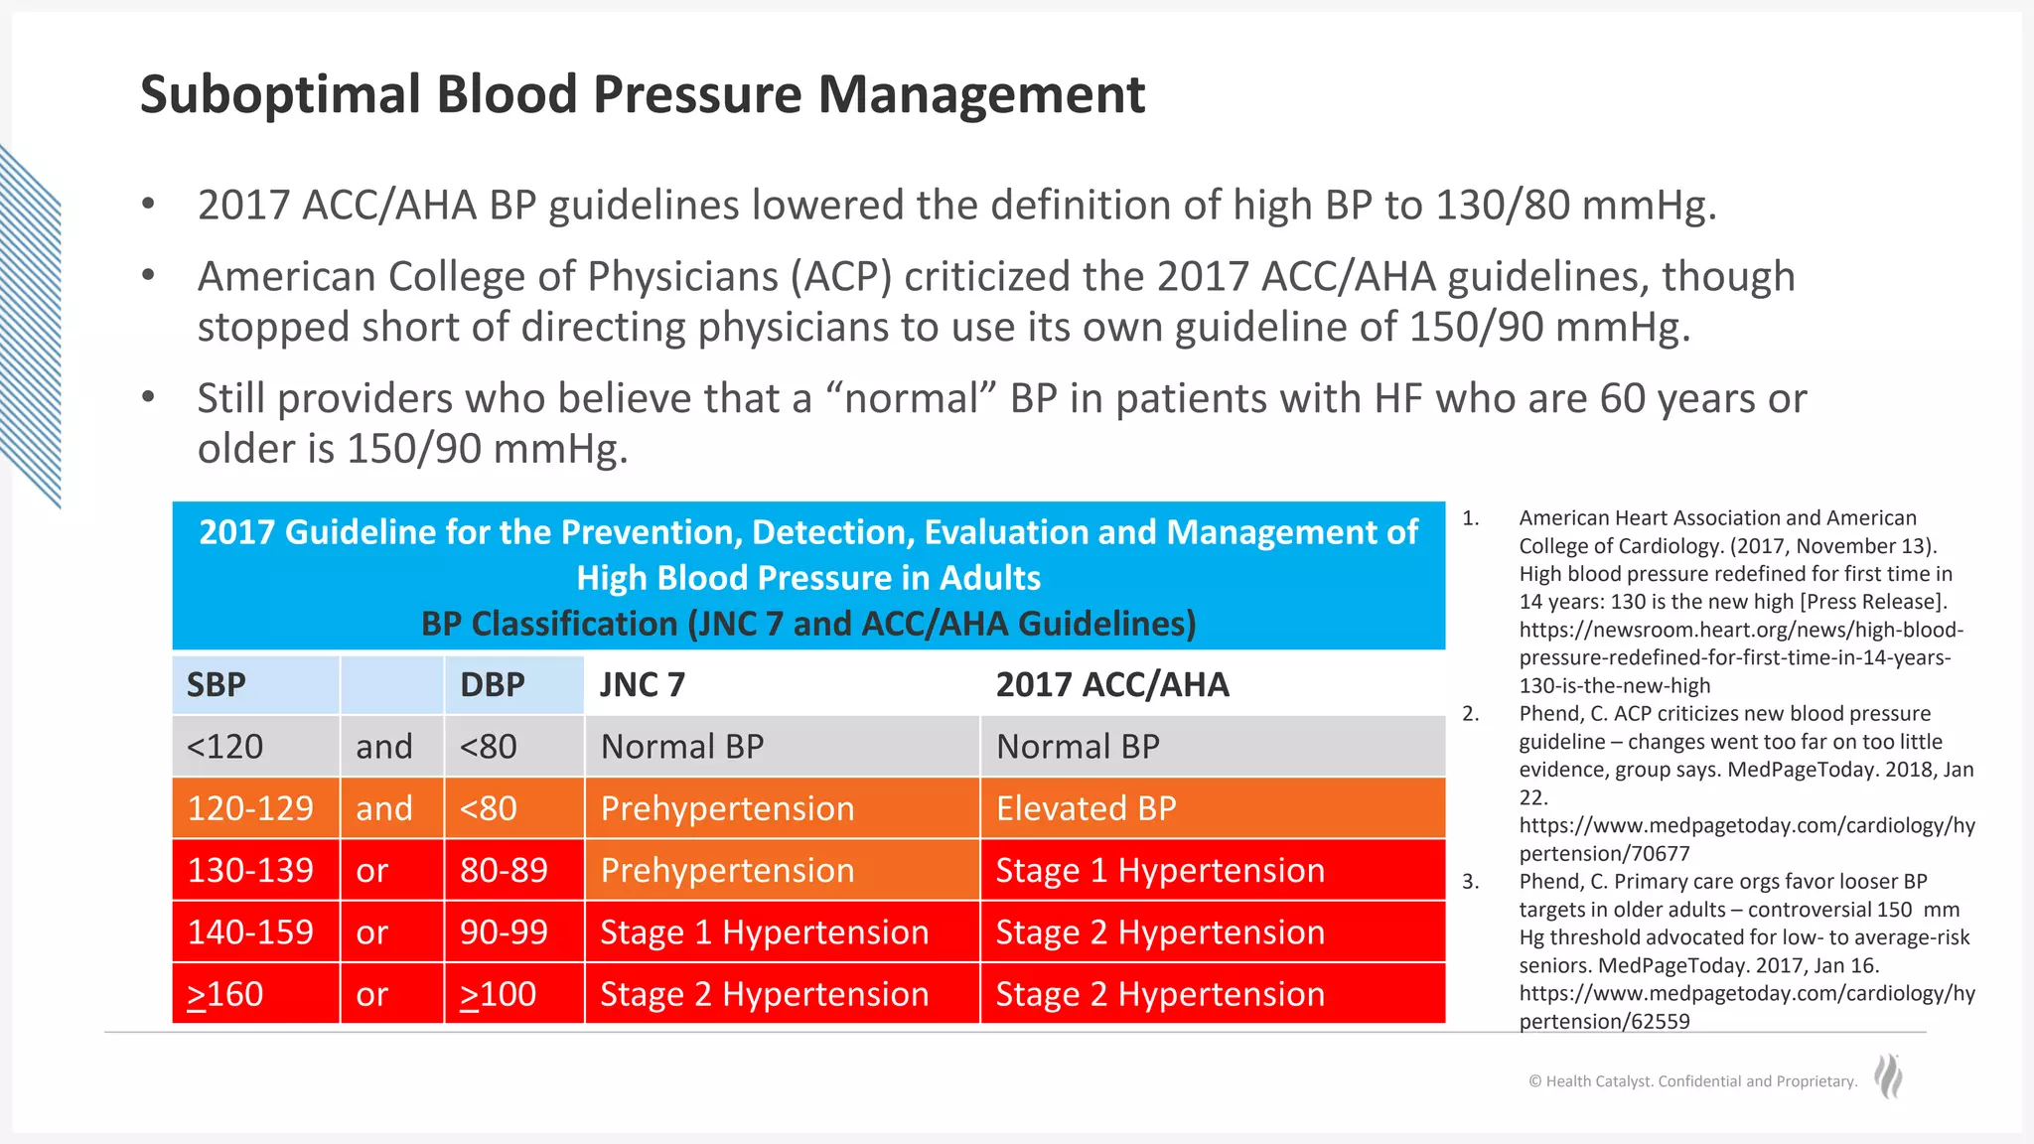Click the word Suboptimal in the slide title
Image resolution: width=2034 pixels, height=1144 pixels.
274,95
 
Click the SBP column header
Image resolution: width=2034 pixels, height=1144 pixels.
217,684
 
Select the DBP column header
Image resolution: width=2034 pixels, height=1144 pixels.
493,684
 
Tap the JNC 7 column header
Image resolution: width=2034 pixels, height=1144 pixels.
643,684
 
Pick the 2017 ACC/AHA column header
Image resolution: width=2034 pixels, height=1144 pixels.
1112,684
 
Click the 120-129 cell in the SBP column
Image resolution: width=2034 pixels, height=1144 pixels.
250,808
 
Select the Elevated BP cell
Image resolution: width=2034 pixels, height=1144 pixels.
1086,808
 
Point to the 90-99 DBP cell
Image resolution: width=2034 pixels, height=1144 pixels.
504,931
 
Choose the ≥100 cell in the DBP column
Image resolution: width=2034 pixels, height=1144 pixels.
498,994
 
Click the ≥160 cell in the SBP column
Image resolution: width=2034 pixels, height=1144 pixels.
225,994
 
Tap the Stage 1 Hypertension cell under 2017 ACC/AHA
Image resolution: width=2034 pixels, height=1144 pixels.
1160,870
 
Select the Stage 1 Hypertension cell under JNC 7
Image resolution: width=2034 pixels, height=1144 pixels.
765,931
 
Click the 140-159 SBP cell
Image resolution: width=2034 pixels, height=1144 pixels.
250,931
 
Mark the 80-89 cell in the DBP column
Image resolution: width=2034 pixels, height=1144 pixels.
504,870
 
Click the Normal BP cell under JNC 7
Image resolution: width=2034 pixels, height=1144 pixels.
682,747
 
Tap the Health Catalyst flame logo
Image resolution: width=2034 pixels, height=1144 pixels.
1888,1076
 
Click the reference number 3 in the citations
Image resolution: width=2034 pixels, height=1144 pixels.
1470,882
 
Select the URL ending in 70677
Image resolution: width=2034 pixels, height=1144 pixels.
1746,839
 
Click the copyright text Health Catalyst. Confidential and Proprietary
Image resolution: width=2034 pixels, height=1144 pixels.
1693,1081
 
